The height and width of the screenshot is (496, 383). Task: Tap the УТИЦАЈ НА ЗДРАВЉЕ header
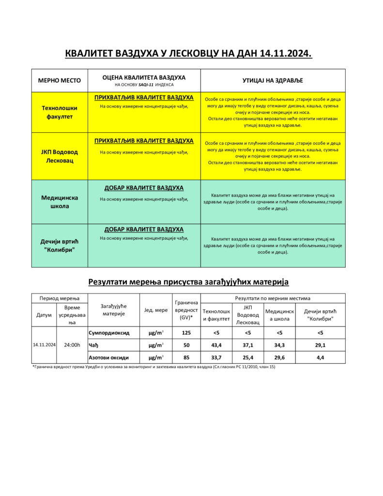(273, 80)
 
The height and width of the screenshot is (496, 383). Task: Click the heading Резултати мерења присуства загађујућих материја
(188, 281)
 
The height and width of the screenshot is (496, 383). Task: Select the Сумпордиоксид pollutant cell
(109, 333)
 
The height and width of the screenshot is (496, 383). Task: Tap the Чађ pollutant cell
(94, 345)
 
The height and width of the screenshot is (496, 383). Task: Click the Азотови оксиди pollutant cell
(109, 357)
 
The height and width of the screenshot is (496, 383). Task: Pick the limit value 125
(186, 333)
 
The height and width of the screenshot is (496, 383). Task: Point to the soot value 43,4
(216, 345)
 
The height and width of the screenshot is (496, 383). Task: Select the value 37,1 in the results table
(248, 345)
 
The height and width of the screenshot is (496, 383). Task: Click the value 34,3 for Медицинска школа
(279, 345)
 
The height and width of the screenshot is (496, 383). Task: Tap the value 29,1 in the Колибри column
(320, 345)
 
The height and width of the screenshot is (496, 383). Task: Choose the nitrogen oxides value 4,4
(320, 357)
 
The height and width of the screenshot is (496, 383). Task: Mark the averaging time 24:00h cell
(72, 345)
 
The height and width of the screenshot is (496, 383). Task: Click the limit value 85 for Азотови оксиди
(186, 357)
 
